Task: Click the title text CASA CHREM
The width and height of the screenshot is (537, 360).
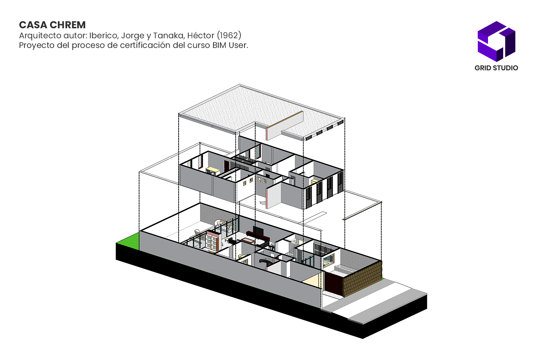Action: (x=52, y=25)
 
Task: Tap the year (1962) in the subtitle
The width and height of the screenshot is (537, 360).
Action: (x=229, y=35)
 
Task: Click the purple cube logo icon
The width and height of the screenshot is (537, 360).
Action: (x=496, y=41)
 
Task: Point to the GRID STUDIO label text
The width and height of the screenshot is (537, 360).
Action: (x=496, y=68)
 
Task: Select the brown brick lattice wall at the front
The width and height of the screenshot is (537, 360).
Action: (x=362, y=278)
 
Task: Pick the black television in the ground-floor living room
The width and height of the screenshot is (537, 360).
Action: (x=258, y=230)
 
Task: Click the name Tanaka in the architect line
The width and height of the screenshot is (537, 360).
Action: (x=168, y=35)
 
